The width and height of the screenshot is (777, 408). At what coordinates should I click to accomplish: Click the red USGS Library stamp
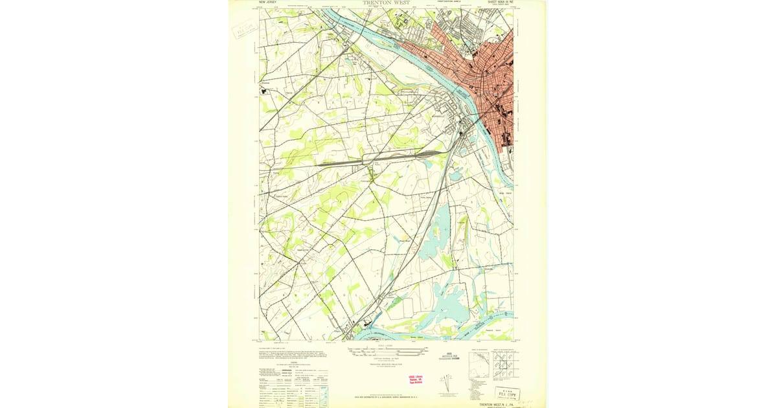pos(415,380)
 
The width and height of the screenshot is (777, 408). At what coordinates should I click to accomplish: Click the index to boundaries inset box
pos(479,365)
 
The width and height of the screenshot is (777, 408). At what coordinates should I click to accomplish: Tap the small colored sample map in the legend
pos(324,394)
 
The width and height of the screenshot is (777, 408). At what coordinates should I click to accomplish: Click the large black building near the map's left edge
pos(264,91)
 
